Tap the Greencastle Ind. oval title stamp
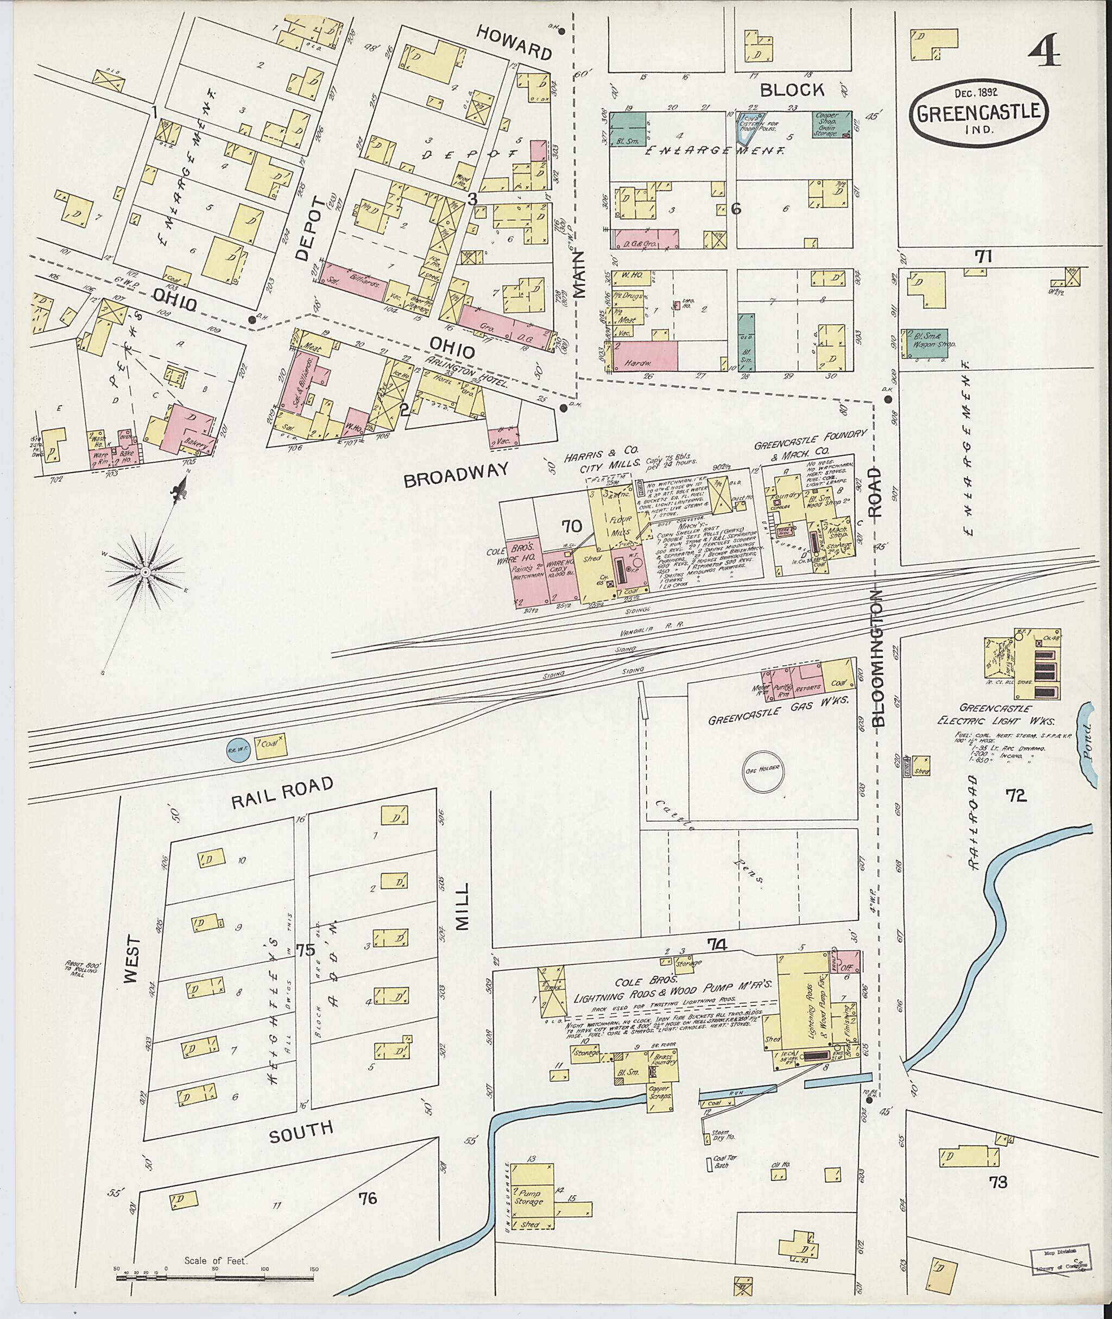[x=978, y=114]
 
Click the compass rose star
[x=145, y=571]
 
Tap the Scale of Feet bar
[x=214, y=1279]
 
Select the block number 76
[x=367, y=1197]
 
